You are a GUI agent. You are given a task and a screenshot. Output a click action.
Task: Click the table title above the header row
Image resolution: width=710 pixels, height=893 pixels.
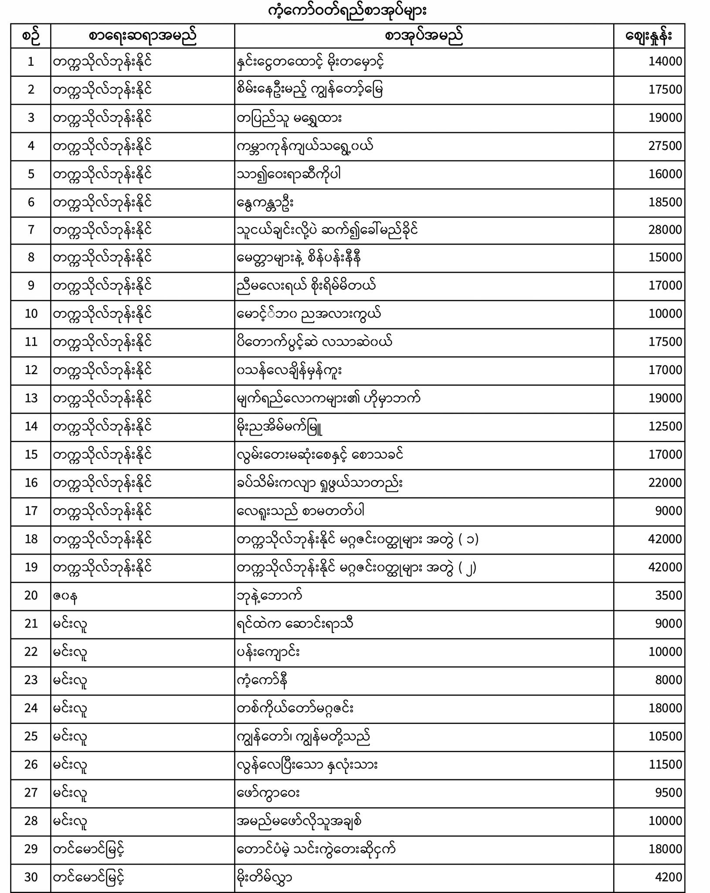coord(347,11)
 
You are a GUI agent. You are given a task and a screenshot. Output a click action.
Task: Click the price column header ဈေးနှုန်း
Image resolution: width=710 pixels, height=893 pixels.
coord(649,37)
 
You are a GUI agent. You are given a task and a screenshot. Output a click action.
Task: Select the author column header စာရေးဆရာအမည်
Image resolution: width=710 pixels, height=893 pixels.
coord(143,37)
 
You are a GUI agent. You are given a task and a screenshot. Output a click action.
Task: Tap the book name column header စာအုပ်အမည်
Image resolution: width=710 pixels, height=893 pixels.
coord(424,37)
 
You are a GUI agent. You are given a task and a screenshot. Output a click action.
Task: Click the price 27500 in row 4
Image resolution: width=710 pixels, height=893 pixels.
coord(665,146)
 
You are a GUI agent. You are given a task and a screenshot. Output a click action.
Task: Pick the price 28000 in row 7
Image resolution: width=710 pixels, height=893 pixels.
coord(665,230)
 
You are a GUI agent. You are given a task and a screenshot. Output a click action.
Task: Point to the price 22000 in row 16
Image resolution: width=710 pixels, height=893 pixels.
coord(665,483)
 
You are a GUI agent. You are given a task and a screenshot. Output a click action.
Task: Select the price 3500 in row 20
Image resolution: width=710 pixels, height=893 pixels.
coord(668,596)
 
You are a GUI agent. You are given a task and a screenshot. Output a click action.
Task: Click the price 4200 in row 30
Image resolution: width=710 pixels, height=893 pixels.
coord(668,877)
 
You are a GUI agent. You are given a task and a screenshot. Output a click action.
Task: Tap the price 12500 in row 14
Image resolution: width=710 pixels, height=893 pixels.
coord(665,426)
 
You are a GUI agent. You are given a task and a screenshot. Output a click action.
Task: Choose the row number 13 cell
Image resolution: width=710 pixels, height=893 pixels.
coord(31,399)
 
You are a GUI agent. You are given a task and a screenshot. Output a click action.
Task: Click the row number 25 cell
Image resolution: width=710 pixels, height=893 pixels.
coord(31,736)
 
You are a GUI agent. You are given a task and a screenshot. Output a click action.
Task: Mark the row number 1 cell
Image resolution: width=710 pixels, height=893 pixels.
coord(31,61)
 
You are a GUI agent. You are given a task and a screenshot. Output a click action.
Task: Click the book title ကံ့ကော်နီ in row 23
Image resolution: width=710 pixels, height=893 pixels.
coord(262,680)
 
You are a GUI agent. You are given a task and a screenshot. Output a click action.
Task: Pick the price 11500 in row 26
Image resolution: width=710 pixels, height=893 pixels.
coord(665,765)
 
